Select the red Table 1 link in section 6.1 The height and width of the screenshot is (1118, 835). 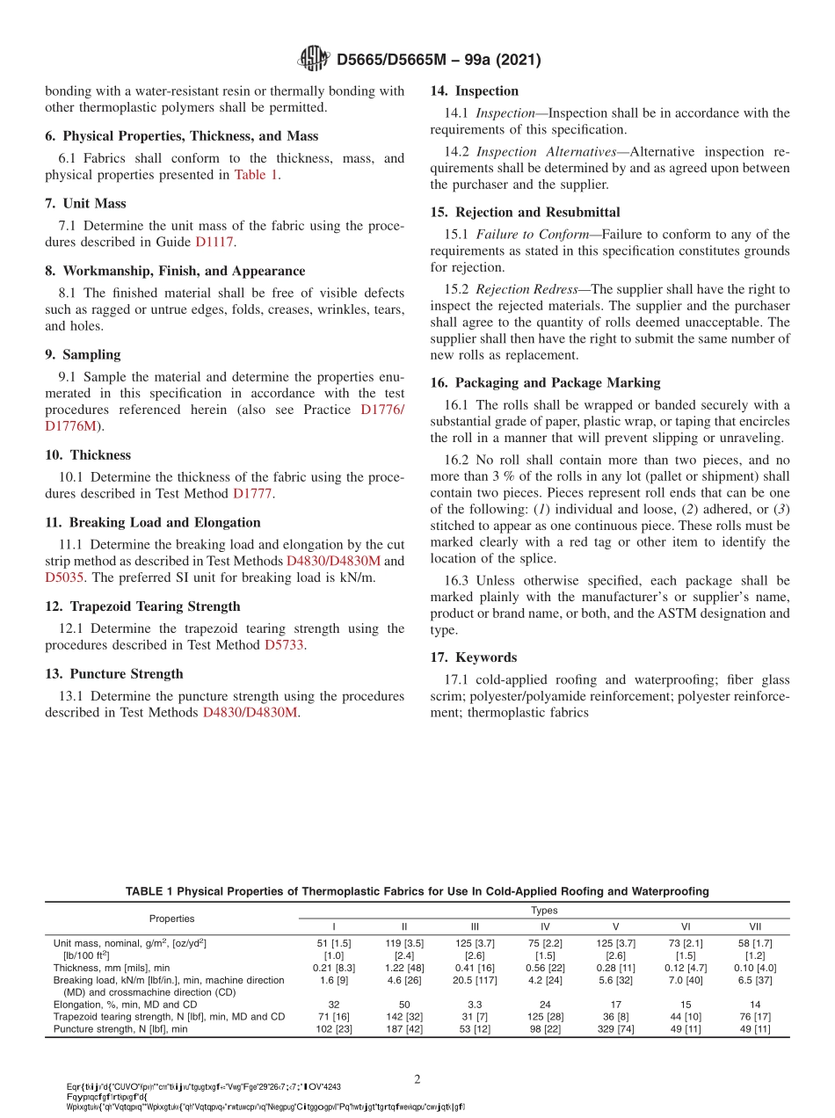(x=256, y=175)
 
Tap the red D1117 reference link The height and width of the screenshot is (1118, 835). (x=215, y=242)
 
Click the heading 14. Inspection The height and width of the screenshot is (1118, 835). (x=475, y=91)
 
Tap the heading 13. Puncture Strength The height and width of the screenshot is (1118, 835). (x=114, y=673)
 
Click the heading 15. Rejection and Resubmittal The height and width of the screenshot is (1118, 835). (x=525, y=212)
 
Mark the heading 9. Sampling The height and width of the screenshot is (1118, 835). (x=83, y=354)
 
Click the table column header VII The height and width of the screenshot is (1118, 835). (x=755, y=926)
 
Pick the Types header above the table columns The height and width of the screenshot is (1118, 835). (x=544, y=911)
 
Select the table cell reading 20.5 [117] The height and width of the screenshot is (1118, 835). (x=474, y=979)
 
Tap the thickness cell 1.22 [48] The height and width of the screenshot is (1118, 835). (x=403, y=967)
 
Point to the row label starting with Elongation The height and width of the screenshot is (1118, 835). (x=125, y=1004)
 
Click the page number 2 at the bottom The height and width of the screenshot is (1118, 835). (x=417, y=1078)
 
